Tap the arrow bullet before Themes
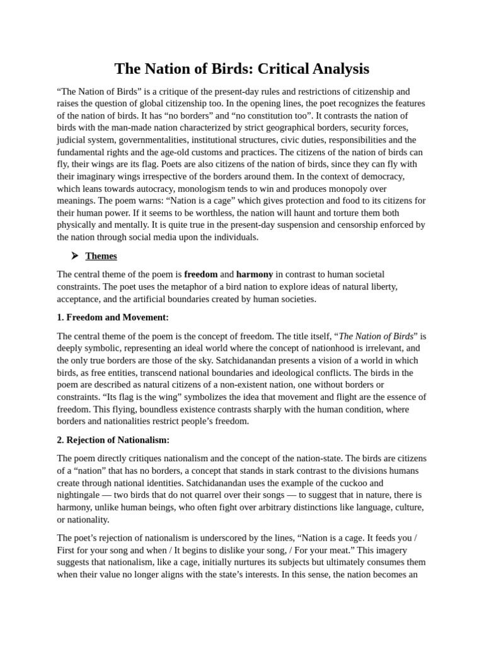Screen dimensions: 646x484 pyautogui.click(x=74, y=255)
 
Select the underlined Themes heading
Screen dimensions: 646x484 pyautogui.click(x=101, y=255)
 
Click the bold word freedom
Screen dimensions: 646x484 pyautogui.click(x=200, y=274)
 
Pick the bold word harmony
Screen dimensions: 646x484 pyautogui.click(x=255, y=274)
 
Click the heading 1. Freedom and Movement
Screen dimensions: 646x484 pyautogui.click(x=113, y=317)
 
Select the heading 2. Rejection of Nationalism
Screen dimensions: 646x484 pyautogui.click(x=113, y=440)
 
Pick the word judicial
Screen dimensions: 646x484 pyautogui.click(x=72, y=140)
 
